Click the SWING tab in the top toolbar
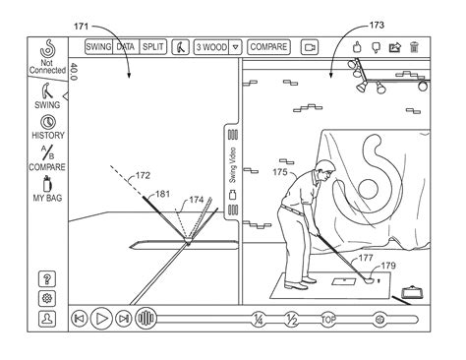click(x=98, y=47)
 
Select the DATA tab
click(x=126, y=47)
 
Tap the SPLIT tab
click(x=153, y=47)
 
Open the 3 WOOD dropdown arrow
click(x=235, y=47)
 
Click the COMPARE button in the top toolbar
click(x=268, y=47)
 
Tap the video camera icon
click(x=310, y=47)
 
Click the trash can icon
click(x=414, y=47)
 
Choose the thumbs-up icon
click(x=357, y=47)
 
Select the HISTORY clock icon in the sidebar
click(x=48, y=122)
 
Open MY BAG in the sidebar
click(x=47, y=189)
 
